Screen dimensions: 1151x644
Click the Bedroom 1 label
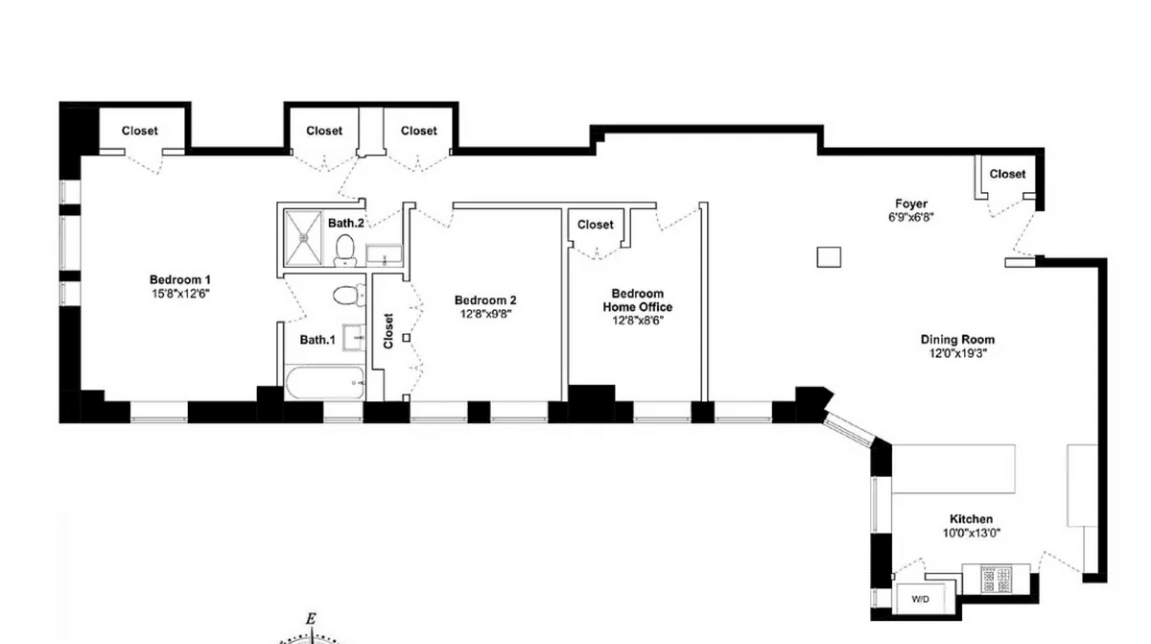point(180,280)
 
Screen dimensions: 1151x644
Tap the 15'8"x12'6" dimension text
point(181,294)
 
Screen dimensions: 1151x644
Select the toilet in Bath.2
point(344,250)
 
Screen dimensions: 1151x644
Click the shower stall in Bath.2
point(304,238)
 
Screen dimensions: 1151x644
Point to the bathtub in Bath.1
point(325,382)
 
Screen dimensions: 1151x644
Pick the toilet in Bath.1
point(348,296)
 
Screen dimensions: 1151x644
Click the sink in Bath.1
point(354,337)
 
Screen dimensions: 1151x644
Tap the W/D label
point(920,599)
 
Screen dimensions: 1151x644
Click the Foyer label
point(911,204)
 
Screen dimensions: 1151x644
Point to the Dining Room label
point(957,340)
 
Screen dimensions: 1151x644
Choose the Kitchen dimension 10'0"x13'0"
point(971,534)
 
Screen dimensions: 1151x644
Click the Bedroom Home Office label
point(637,300)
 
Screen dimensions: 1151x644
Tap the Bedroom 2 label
point(485,300)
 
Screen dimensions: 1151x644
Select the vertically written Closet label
point(388,331)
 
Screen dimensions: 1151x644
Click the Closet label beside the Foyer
point(1007,175)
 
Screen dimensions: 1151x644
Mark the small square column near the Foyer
point(829,257)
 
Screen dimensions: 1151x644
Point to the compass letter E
point(311,619)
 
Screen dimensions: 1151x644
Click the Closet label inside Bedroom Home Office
point(595,225)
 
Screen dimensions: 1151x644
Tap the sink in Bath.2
point(384,255)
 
